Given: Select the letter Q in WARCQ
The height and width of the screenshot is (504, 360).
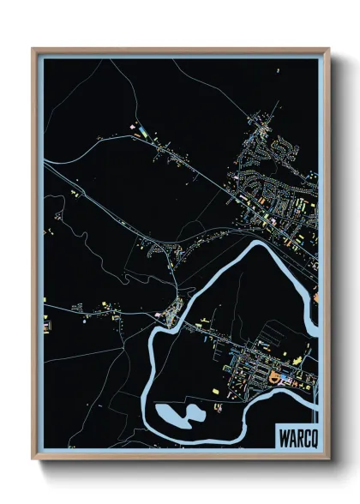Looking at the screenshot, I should pyautogui.click(x=312, y=436).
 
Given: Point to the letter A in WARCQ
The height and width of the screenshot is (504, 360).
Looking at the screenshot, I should pyautogui.click(x=291, y=436).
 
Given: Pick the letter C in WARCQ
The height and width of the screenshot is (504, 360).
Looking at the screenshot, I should pyautogui.click(x=305, y=436).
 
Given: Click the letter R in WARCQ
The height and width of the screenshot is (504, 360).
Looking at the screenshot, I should pyautogui.click(x=298, y=436).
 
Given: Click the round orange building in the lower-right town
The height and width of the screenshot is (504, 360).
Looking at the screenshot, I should pyautogui.click(x=274, y=377).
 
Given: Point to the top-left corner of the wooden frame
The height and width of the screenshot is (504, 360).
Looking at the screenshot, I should pyautogui.click(x=33, y=49).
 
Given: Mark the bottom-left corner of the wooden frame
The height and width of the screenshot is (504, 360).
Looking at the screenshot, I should pyautogui.click(x=33, y=460).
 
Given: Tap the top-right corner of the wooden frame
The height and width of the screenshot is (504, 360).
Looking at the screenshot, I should pyautogui.click(x=329, y=49).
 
